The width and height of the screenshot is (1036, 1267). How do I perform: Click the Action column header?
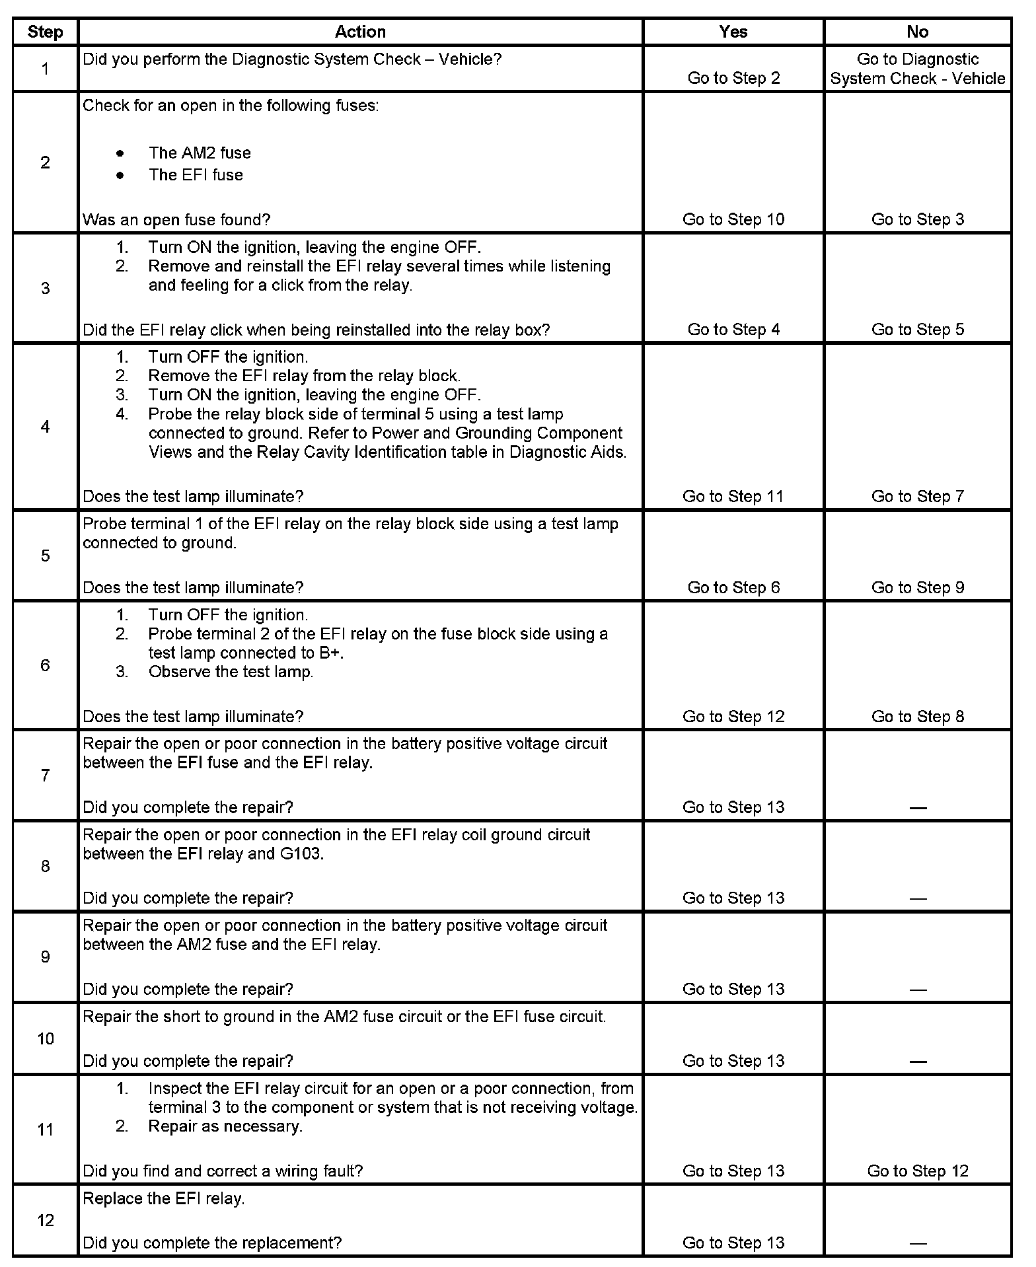click(360, 32)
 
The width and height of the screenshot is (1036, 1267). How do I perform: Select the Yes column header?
click(733, 32)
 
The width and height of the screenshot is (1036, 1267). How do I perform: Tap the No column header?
click(917, 32)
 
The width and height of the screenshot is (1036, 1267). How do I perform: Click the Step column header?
click(45, 32)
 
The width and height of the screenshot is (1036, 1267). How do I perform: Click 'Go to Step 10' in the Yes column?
click(733, 219)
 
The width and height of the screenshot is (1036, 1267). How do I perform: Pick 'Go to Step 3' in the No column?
click(917, 219)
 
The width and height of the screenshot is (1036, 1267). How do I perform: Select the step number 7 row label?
click(45, 775)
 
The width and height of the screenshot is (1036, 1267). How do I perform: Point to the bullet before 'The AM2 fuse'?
click(120, 153)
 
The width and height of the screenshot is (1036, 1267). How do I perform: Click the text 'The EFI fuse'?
click(196, 175)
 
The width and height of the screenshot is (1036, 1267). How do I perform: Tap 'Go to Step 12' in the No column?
click(917, 1171)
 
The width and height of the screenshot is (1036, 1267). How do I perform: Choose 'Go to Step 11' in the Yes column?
click(733, 496)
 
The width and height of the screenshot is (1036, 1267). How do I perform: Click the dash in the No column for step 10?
click(917, 1062)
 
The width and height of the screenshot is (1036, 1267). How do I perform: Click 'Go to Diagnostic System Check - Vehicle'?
click(917, 69)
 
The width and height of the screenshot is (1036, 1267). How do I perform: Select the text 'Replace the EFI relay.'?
click(164, 1198)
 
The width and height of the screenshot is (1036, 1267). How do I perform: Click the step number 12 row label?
click(45, 1220)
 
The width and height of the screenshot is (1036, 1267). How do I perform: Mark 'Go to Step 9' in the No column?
click(917, 587)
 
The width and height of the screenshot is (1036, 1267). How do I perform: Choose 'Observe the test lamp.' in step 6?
click(231, 672)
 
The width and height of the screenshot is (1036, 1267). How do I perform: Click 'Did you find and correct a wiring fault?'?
click(223, 1171)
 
